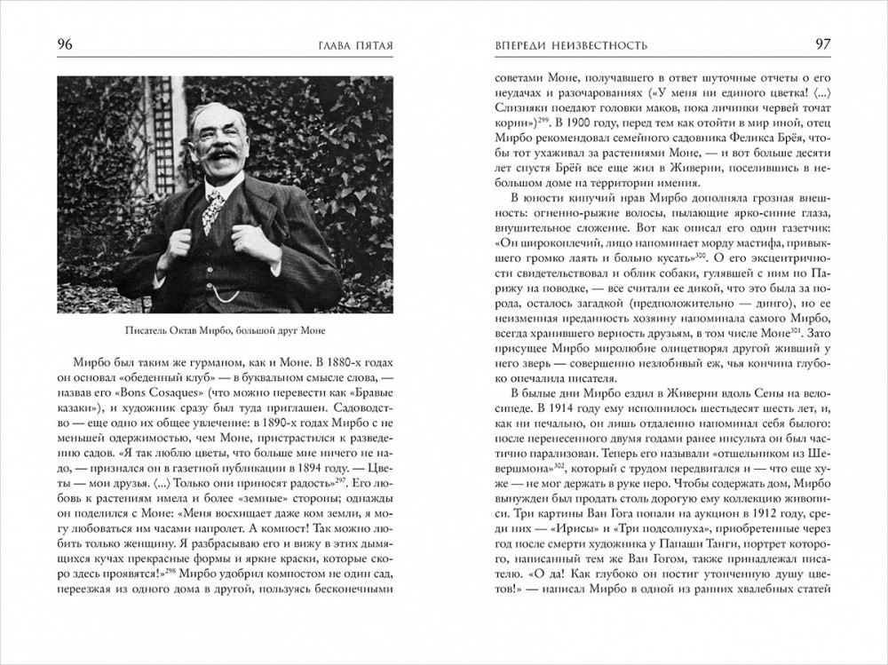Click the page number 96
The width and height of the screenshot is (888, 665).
click(x=65, y=44)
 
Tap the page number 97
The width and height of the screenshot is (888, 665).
click(x=822, y=44)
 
